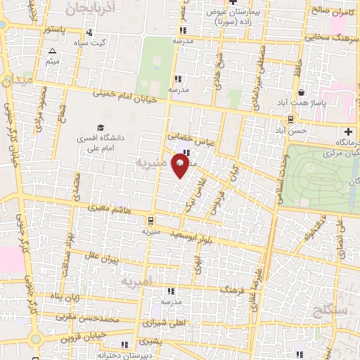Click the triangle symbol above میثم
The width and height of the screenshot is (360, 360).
point(51,51)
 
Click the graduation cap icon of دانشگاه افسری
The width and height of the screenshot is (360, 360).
point(101,127)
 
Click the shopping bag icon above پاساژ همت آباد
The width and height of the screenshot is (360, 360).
point(302,92)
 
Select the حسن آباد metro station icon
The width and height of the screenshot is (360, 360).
point(290,120)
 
